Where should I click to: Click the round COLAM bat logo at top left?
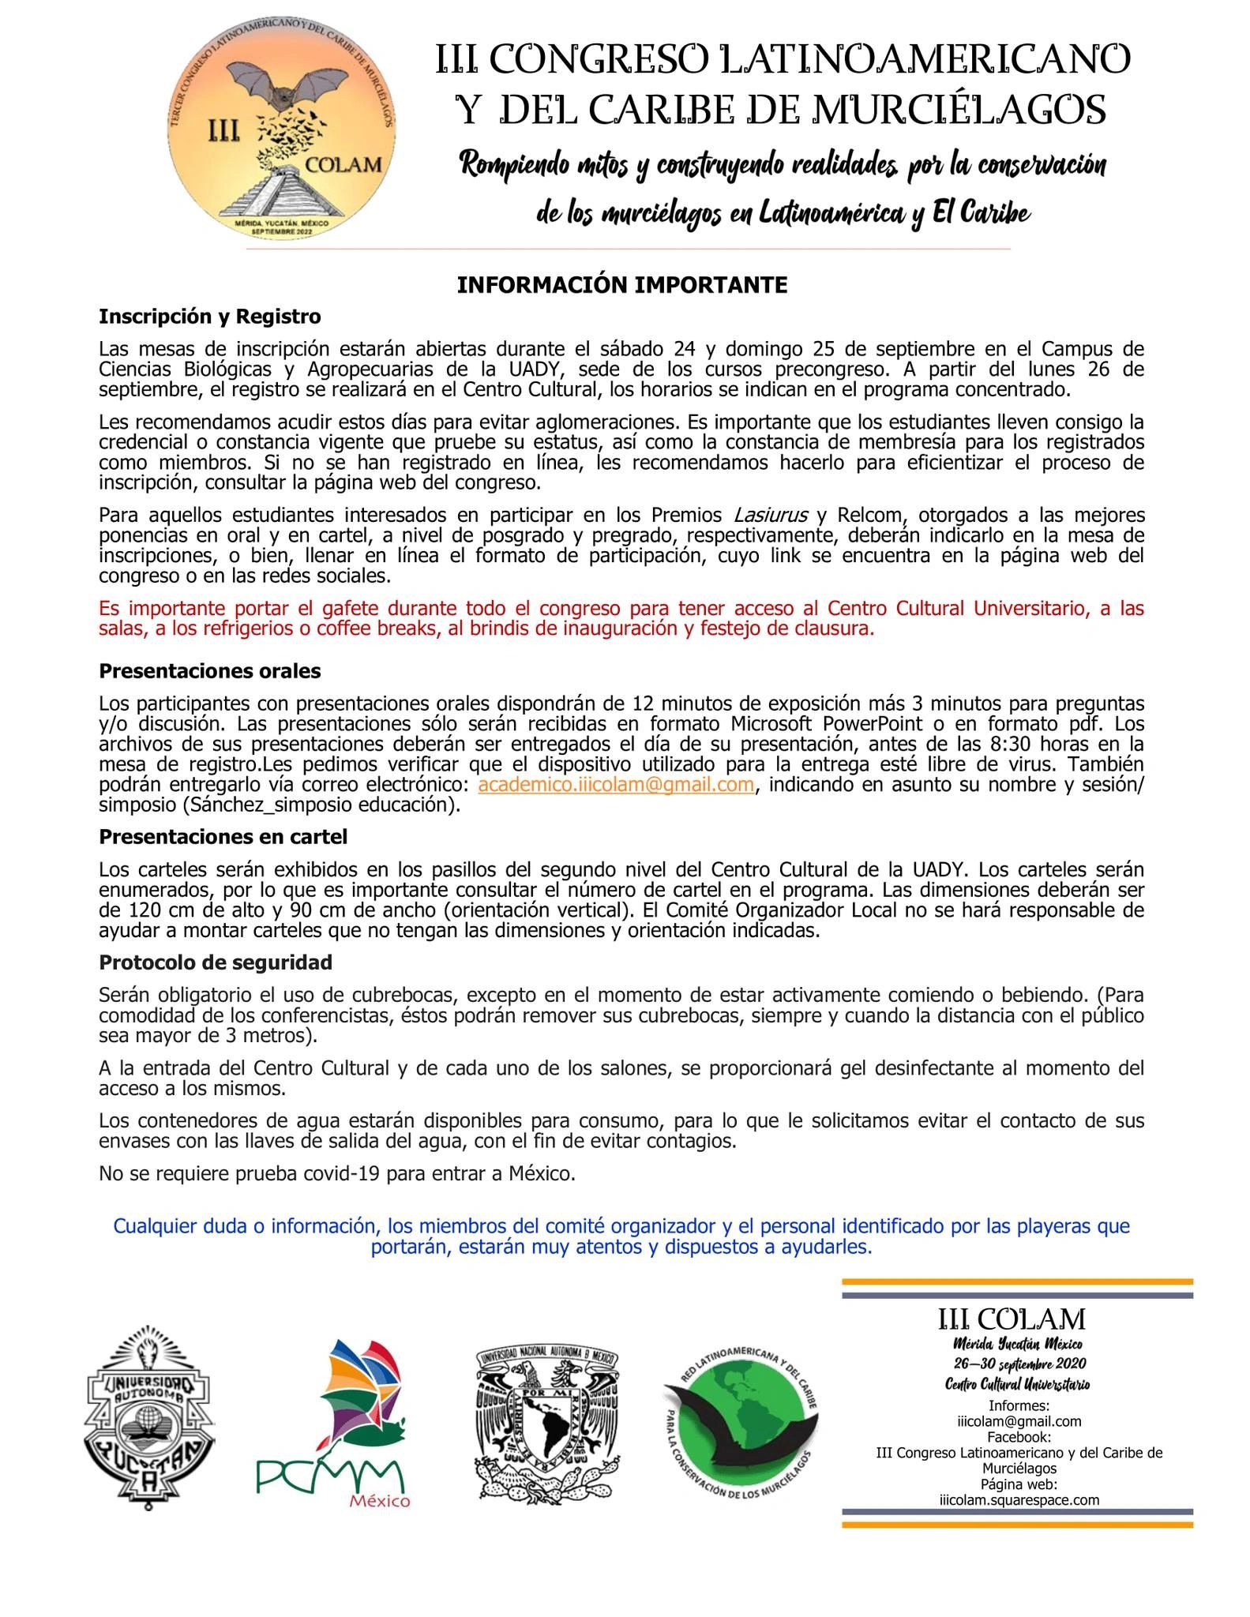pos(282,130)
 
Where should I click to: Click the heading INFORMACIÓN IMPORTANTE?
pos(622,285)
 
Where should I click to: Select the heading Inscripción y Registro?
pos(210,317)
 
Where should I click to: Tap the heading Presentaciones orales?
pos(210,671)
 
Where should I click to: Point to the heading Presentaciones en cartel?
pos(223,836)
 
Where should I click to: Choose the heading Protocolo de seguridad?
pos(216,962)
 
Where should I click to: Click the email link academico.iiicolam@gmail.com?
pos(616,785)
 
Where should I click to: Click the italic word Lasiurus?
pos(771,516)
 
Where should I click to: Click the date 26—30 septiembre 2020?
pos(1019,1364)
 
